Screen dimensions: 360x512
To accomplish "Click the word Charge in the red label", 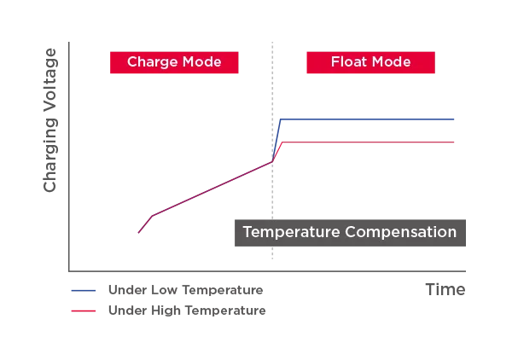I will coord(150,62).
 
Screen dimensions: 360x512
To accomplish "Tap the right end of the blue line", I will coord(457,119).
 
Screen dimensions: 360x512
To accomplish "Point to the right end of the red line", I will coord(457,140).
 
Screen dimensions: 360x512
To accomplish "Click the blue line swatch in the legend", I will coord(84,290).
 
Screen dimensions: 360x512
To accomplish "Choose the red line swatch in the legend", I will coord(84,311).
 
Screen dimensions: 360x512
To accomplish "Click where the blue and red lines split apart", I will coord(273,159).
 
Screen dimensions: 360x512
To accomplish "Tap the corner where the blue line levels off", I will coord(281,119).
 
